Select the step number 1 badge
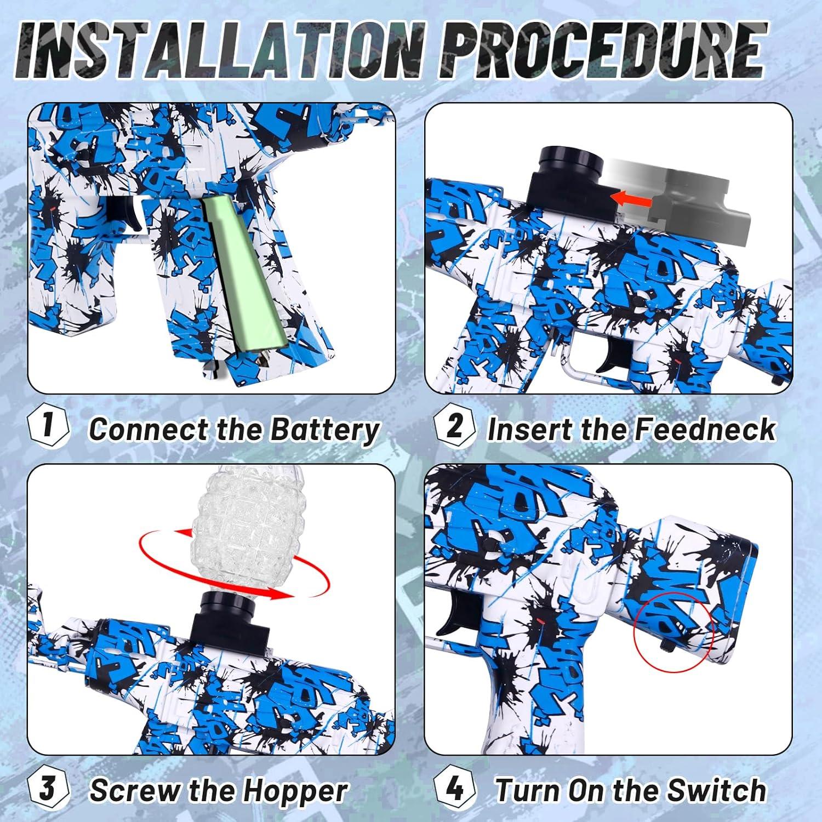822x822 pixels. click(x=48, y=426)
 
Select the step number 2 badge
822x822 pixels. click(x=455, y=426)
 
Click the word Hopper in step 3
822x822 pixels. click(x=295, y=791)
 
